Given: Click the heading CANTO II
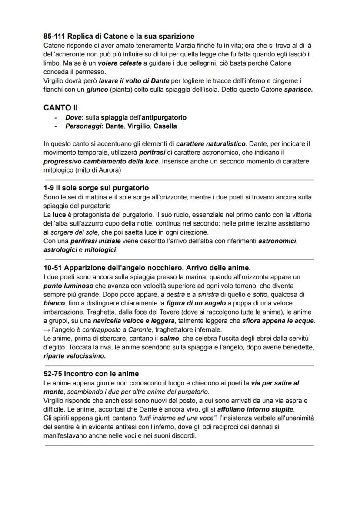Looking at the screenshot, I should pos(61,107).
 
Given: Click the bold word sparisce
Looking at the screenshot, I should pos(298,89).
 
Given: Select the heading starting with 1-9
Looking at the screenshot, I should pos(96,188).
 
